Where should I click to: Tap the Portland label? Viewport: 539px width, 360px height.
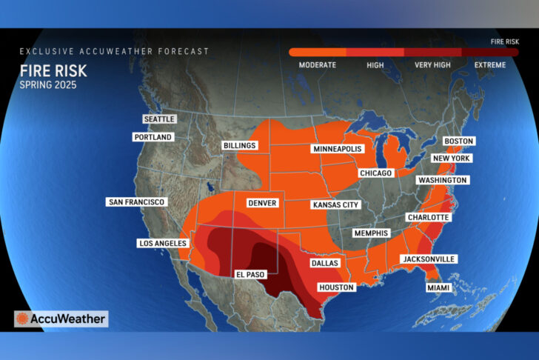coord(153,137)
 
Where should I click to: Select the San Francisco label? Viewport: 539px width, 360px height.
coord(137,202)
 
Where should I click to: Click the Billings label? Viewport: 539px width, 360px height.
coord(239,146)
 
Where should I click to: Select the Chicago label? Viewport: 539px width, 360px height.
coord(375,173)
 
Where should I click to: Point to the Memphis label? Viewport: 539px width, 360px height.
coord(370,233)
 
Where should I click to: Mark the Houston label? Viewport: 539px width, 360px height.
coord(335,287)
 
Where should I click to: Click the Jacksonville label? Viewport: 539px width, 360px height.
coord(428,259)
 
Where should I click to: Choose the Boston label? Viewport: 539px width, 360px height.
coord(458,141)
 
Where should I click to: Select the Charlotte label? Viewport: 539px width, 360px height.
coord(427,217)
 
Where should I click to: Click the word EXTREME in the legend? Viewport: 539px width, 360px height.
coord(489,65)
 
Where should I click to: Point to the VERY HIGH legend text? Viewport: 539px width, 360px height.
coord(432,65)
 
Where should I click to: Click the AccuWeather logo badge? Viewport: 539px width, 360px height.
coord(61,319)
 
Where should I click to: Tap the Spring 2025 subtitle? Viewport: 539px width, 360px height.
coord(48,85)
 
